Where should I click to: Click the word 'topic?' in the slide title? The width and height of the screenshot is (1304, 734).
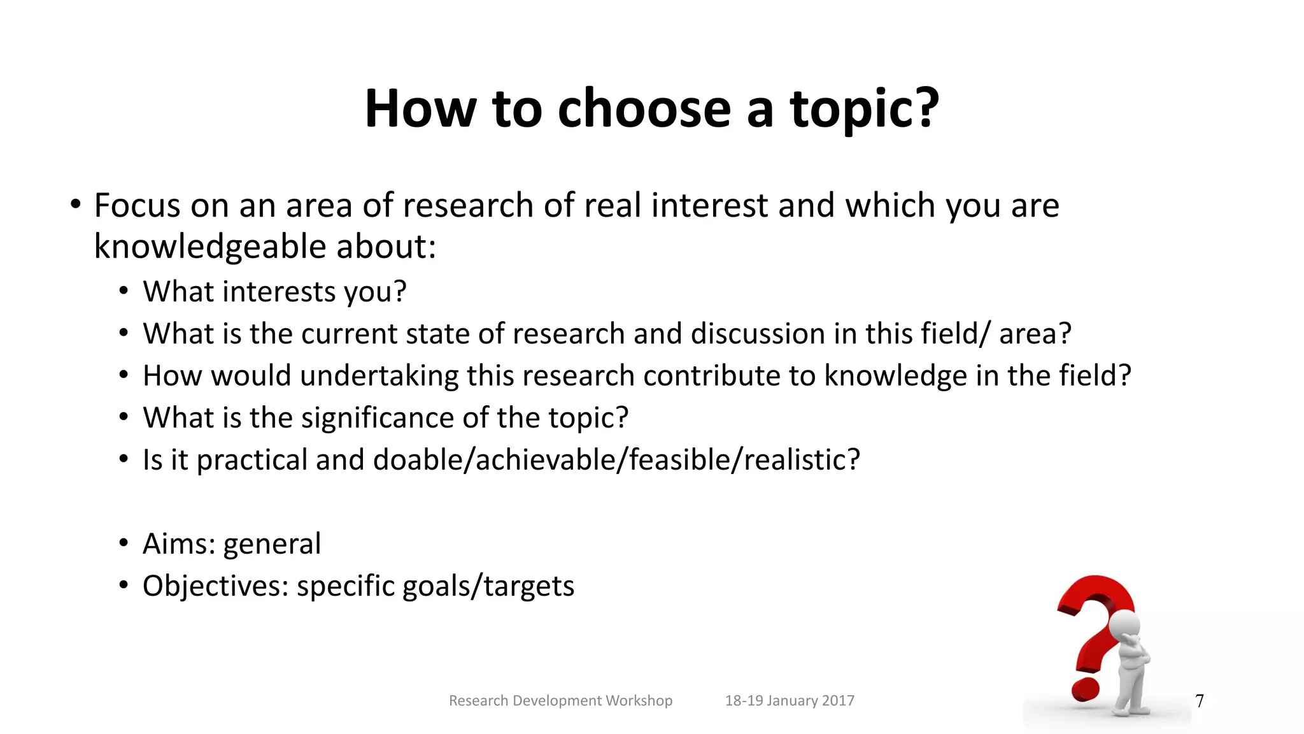click(x=864, y=110)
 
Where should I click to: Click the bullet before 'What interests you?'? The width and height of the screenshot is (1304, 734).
click(x=124, y=292)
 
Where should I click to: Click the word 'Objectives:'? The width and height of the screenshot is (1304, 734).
click(x=215, y=586)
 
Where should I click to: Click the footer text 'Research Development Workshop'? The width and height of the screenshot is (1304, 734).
click(x=560, y=701)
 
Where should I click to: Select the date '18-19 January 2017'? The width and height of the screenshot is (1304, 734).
click(x=790, y=701)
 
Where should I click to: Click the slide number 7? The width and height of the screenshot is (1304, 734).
click(x=1200, y=701)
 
